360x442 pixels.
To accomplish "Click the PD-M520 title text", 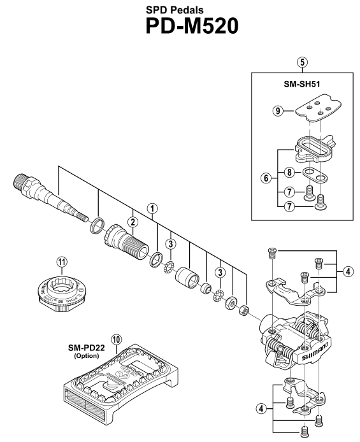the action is click(192, 26).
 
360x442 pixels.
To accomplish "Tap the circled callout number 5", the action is click(302, 62).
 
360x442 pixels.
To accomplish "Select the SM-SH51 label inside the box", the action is click(302, 84).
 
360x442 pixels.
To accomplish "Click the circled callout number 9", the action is click(278, 111).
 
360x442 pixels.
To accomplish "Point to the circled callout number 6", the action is click(266, 178).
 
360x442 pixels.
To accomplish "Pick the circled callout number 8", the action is click(289, 172).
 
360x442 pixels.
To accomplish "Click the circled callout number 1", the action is click(152, 209).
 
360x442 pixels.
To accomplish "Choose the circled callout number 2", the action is click(133, 222).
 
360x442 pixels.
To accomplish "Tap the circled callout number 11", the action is click(62, 262).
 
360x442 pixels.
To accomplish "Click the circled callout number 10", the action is click(116, 339).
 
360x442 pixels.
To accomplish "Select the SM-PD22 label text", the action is click(86, 348).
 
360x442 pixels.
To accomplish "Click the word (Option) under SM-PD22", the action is click(87, 356).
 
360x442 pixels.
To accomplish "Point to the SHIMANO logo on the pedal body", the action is click(315, 352).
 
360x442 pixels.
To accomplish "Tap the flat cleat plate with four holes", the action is click(319, 108).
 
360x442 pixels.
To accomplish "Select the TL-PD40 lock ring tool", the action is click(61, 293).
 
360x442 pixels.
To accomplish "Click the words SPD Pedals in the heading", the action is click(175, 10).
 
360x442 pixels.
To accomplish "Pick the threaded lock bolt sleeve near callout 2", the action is click(127, 243).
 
